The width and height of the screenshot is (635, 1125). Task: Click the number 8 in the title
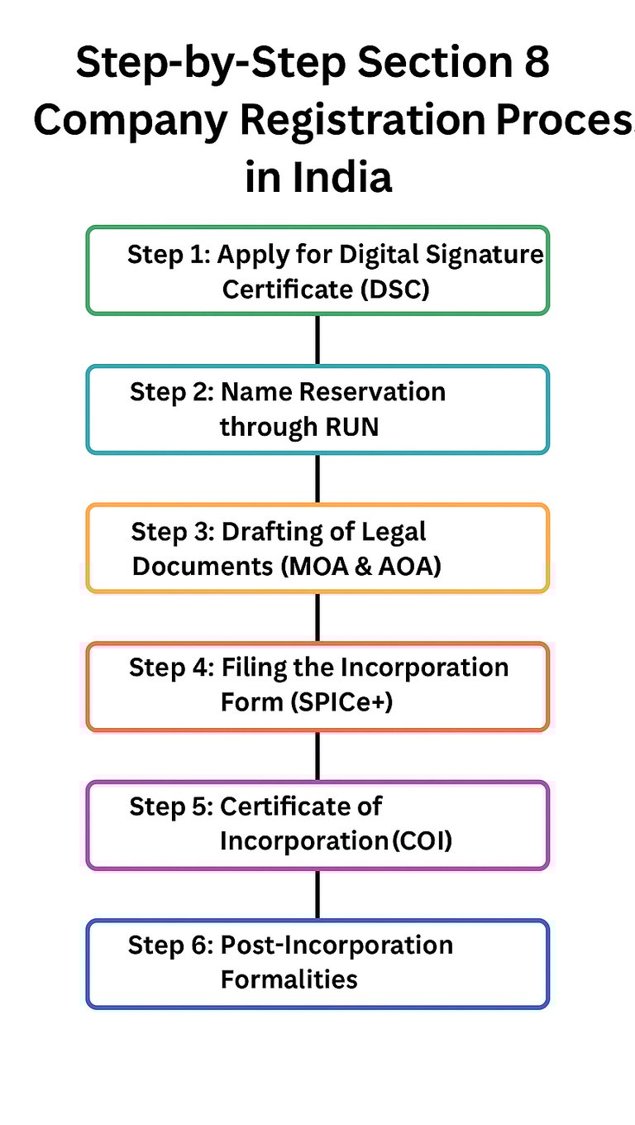(537, 65)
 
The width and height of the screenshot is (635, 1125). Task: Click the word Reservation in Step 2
(375, 391)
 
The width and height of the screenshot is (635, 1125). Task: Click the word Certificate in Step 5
(301, 806)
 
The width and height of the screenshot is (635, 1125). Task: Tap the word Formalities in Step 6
(289, 979)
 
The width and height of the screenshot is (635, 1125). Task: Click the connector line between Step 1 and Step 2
(317, 339)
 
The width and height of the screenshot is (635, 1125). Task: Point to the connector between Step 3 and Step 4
(317, 617)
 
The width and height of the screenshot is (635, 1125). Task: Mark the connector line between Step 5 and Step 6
(317, 894)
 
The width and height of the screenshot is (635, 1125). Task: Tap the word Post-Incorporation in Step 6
(337, 945)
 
